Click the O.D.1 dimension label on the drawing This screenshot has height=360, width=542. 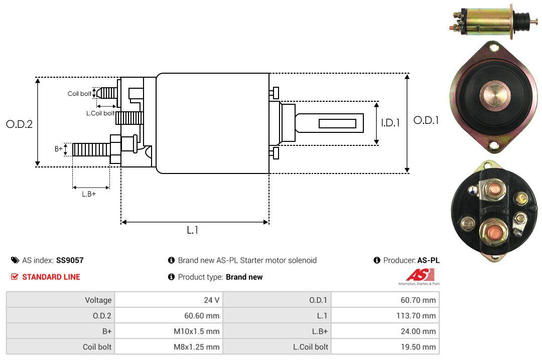[426, 120]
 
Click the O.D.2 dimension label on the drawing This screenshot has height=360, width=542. [19, 124]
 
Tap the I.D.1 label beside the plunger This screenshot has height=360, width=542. [390, 122]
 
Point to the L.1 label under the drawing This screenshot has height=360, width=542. [193, 230]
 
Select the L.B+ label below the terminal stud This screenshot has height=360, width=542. [89, 194]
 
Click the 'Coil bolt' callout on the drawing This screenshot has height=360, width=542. [79, 94]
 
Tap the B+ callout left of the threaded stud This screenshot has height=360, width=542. [59, 149]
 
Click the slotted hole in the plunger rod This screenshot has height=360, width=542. [337, 123]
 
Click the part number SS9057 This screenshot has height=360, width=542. [70, 260]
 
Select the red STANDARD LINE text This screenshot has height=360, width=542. [51, 277]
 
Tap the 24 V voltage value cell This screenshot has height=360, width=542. [211, 300]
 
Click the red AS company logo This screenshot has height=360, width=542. [417, 275]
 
